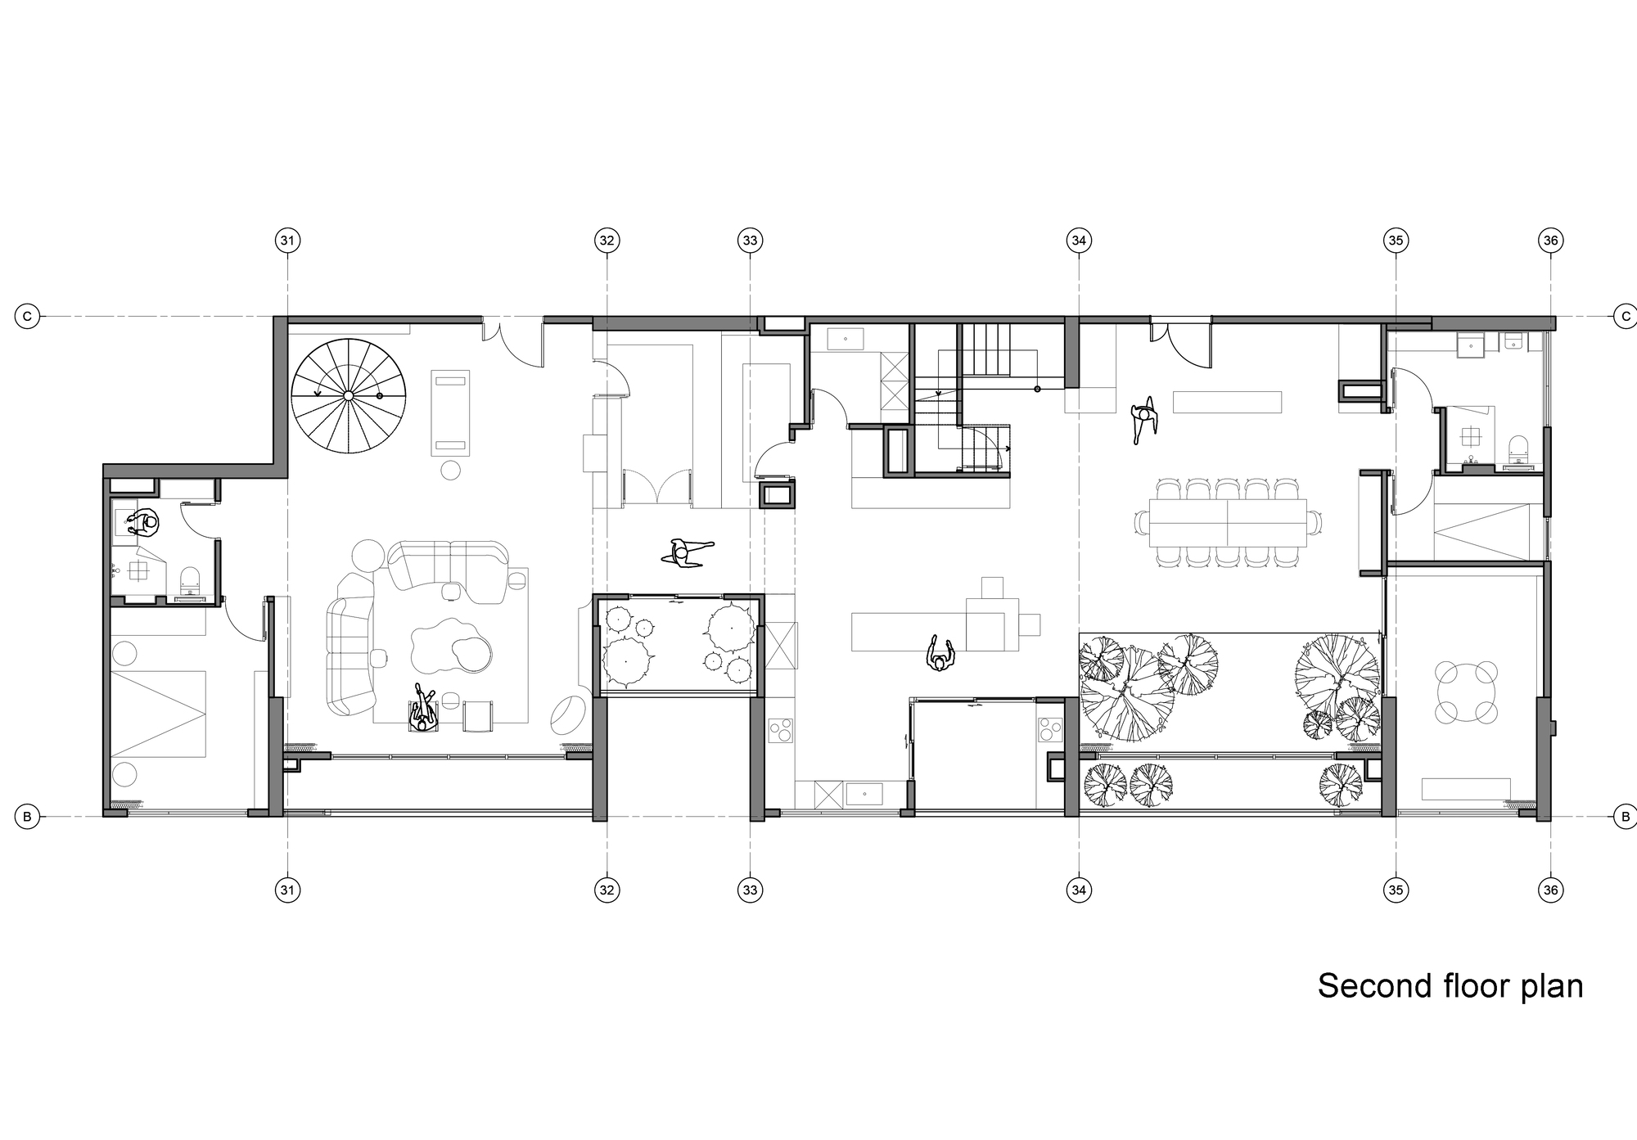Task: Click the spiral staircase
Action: coord(348,396)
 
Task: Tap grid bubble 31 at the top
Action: coord(287,240)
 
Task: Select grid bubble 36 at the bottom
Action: coord(1550,890)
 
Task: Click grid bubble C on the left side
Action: coord(27,316)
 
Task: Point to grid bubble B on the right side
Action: coord(1625,816)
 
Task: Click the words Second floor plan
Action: coord(1450,986)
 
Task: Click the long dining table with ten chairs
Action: coord(1228,522)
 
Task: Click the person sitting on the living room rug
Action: coord(423,709)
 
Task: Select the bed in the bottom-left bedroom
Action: coord(157,714)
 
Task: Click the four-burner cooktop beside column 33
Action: coord(780,730)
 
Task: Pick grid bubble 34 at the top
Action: coord(1079,240)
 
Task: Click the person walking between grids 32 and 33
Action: coord(686,552)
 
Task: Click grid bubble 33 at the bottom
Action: coord(751,890)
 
